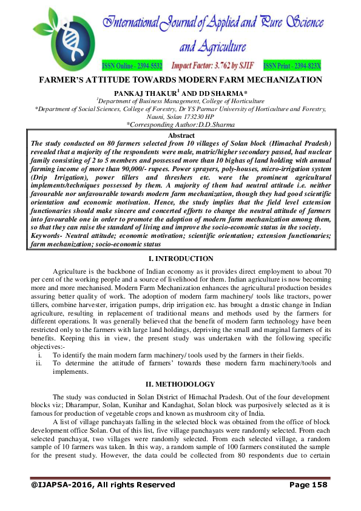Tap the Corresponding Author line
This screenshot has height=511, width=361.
(180, 124)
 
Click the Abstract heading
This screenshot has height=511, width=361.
(180, 134)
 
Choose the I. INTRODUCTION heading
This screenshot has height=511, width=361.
(180, 259)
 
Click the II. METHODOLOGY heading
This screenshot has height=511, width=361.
(180, 384)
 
